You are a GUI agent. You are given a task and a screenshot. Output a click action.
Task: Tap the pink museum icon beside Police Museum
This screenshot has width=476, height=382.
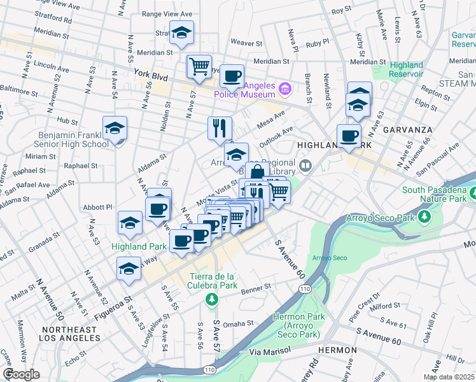(284, 87)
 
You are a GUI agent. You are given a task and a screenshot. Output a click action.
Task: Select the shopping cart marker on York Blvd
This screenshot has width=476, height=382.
(199, 67)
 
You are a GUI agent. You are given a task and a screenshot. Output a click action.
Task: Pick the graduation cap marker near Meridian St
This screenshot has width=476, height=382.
(182, 33)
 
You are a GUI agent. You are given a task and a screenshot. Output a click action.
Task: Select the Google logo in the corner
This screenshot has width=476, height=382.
(21, 374)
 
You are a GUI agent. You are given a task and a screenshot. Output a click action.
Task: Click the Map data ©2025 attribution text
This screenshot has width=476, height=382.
(448, 377)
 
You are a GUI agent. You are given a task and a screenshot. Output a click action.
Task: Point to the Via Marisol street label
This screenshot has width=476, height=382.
(270, 350)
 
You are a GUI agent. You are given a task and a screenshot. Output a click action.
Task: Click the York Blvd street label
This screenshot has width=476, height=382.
(151, 74)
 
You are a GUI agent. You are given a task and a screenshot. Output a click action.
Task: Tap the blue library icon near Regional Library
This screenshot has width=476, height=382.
(307, 166)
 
